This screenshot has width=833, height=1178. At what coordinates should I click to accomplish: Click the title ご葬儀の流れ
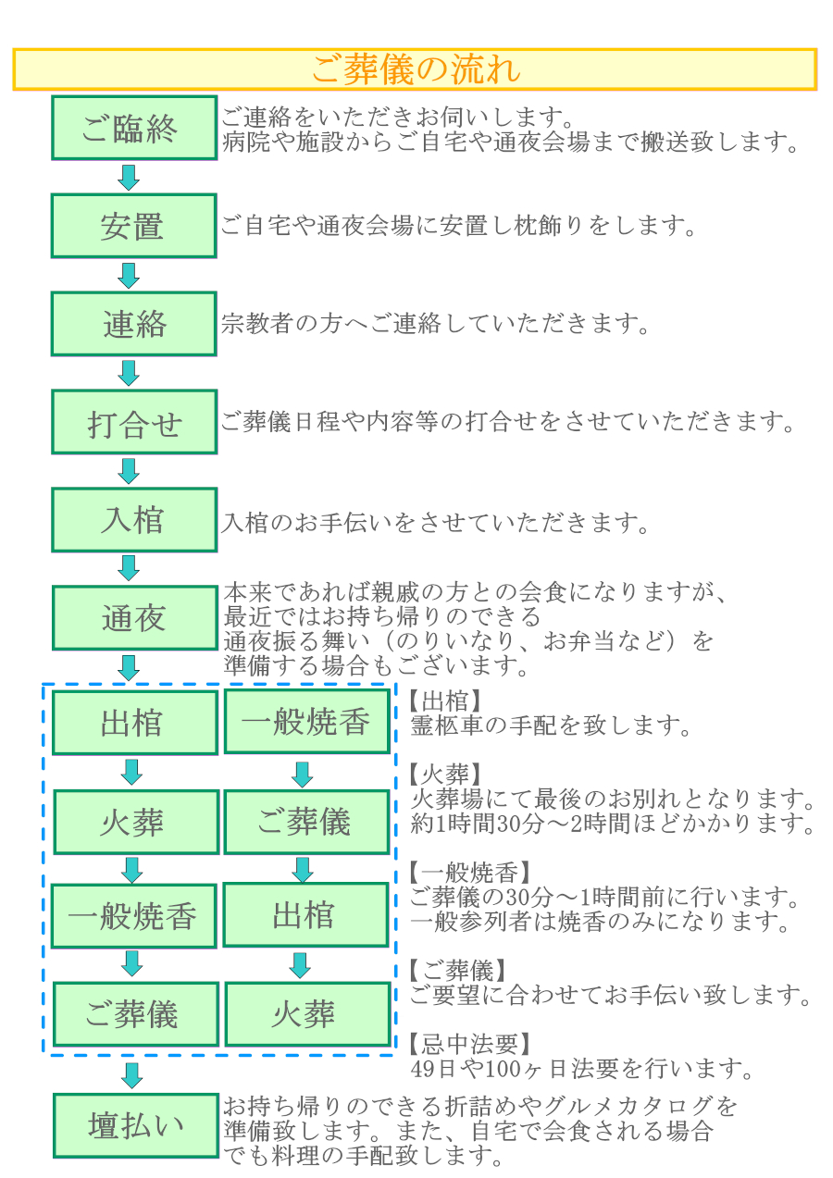click(x=416, y=69)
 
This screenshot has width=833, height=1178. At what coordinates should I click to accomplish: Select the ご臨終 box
click(x=134, y=128)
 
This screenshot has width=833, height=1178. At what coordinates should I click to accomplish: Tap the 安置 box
click(x=133, y=226)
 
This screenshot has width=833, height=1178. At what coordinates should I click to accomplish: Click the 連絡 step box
click(x=133, y=324)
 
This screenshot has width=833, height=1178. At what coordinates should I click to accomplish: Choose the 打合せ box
click(x=134, y=422)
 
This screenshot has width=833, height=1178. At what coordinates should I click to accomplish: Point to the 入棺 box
click(x=134, y=519)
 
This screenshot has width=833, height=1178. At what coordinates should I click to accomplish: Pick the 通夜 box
click(x=134, y=618)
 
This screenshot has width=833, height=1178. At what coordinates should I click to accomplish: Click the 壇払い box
click(x=136, y=1125)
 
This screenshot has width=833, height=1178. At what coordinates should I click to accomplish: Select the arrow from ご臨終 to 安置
click(x=129, y=178)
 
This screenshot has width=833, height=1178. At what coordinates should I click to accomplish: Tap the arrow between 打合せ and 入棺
click(x=129, y=471)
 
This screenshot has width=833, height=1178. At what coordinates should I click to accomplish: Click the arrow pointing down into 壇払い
click(x=131, y=1075)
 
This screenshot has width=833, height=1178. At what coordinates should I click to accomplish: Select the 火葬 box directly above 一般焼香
click(x=136, y=822)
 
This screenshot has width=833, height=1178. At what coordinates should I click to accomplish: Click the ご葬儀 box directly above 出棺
click(x=306, y=822)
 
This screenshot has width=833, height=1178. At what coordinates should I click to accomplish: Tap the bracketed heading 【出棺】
click(x=446, y=701)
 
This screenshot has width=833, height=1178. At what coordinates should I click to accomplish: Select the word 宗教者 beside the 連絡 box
click(x=256, y=324)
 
